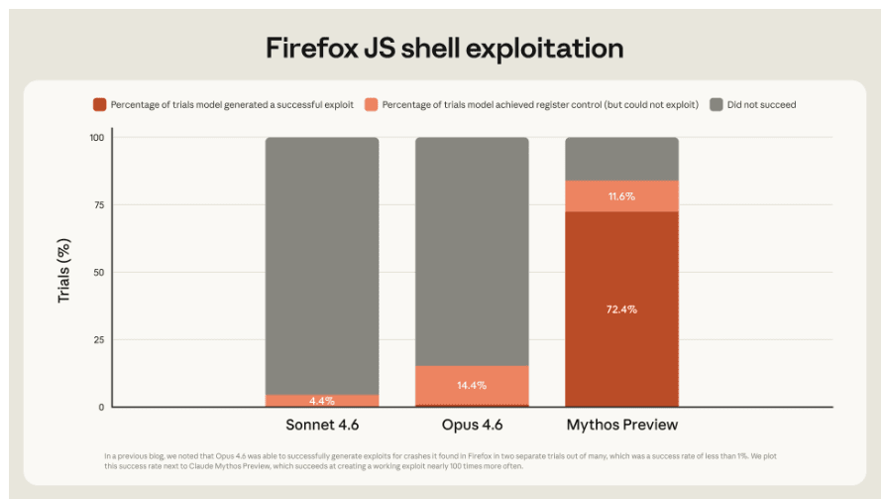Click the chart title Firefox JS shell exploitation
coord(444,48)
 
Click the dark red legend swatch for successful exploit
coord(99,104)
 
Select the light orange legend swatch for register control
coord(371,104)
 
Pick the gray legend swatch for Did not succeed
coord(717,104)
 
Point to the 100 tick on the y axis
coord(96,138)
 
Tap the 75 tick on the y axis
coord(98,205)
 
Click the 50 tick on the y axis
coord(98,272)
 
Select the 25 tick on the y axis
coord(98,339)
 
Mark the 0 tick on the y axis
coord(100,407)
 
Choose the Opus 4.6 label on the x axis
coord(472,425)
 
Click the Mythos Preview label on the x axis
coord(621,425)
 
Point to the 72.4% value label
coord(621,310)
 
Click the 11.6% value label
coord(621,196)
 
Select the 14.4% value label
coord(472,385)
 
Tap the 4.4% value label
coord(321,401)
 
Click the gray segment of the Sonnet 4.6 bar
coord(321,263)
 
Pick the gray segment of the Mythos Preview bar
coord(621,159)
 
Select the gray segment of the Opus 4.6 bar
coord(472,248)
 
